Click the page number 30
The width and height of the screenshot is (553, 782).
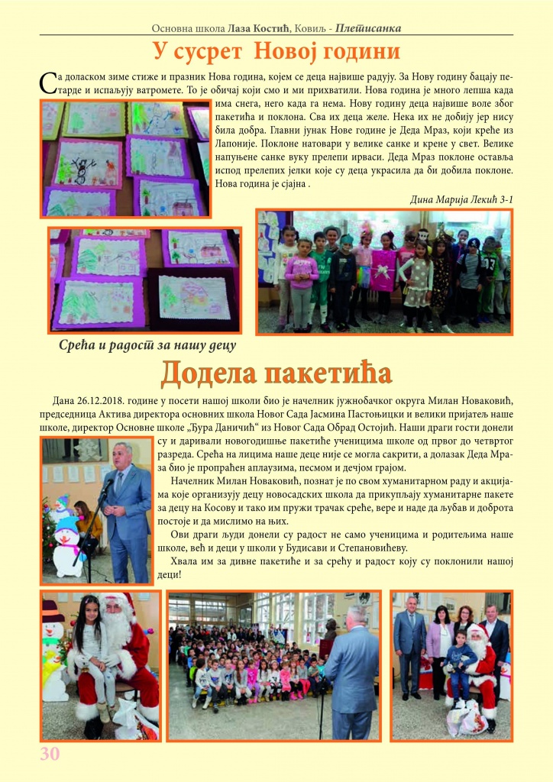coord(50,754)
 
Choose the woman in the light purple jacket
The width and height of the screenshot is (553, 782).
coord(438,645)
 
